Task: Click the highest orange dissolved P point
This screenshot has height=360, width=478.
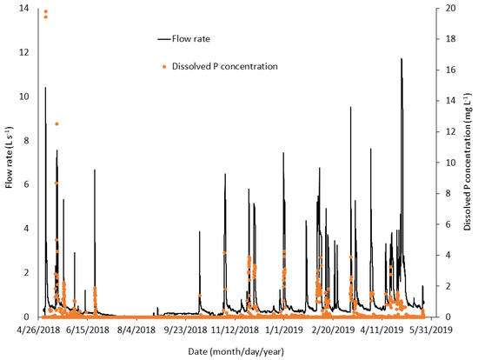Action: (45, 11)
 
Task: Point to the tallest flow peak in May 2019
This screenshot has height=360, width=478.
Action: (402, 59)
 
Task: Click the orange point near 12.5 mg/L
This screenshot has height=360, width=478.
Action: (57, 123)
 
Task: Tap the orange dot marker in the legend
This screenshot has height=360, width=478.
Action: (165, 66)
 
